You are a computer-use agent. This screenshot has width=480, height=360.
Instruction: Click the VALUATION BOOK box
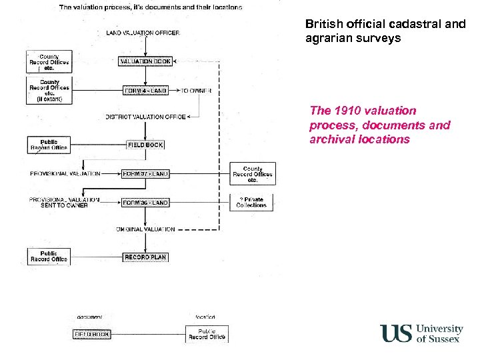tap(145, 61)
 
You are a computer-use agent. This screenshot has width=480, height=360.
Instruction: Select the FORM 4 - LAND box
tap(145, 91)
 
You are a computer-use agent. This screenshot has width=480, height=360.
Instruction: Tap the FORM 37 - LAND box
tap(145, 173)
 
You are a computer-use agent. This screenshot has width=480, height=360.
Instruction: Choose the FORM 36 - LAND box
tap(145, 203)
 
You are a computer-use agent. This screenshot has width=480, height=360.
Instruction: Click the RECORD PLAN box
tap(145, 257)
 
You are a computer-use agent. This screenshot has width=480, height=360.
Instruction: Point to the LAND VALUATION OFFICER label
tap(143, 33)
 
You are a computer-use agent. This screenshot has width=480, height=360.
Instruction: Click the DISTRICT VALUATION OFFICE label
tap(145, 117)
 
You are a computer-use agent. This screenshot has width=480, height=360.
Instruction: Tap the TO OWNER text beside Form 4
tap(197, 91)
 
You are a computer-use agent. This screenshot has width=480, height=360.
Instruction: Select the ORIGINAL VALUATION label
tap(145, 229)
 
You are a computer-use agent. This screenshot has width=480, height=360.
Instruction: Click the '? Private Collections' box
tap(251, 203)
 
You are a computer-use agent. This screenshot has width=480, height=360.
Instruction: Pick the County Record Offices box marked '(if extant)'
tap(49, 91)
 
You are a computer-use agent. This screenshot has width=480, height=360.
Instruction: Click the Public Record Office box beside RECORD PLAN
tap(49, 257)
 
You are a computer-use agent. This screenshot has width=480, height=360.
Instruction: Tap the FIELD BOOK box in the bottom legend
tap(91, 334)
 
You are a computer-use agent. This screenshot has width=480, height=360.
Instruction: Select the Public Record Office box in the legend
tap(207, 334)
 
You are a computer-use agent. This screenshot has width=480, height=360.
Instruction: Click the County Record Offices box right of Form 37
tap(252, 174)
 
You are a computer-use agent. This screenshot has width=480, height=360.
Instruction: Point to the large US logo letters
tap(396, 333)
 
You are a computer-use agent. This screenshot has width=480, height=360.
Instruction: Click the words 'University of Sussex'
tap(439, 333)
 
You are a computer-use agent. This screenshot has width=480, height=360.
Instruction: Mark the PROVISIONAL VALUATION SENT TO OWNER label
tap(64, 202)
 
